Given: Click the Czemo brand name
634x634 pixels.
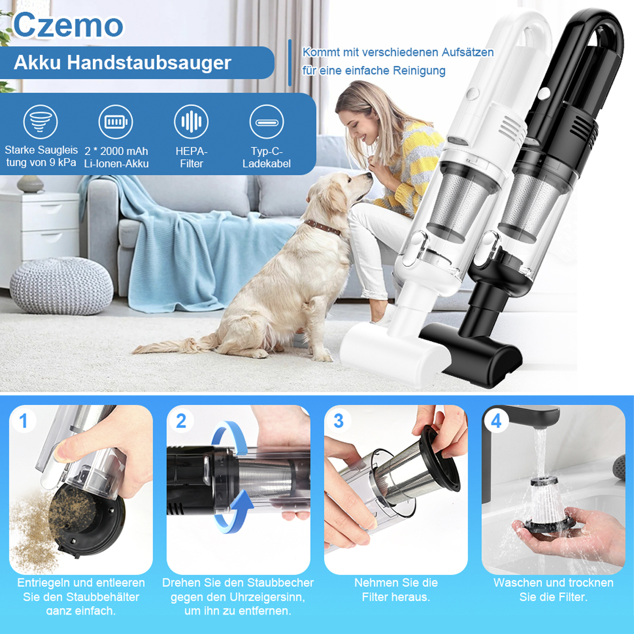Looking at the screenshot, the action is coord(68,25).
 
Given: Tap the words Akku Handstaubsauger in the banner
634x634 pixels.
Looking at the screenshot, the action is coord(123,62).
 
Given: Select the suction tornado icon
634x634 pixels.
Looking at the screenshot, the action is coord(41,122).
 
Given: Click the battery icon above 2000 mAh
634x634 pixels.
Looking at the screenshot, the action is coord(116,122).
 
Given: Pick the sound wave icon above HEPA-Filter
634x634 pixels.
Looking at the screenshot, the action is coord(191,122).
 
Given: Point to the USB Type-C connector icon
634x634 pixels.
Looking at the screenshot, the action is coord(266,122).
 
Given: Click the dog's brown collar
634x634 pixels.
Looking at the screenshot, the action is coord(322,227).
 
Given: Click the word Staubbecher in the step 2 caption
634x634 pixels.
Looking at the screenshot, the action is coord(281,582).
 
